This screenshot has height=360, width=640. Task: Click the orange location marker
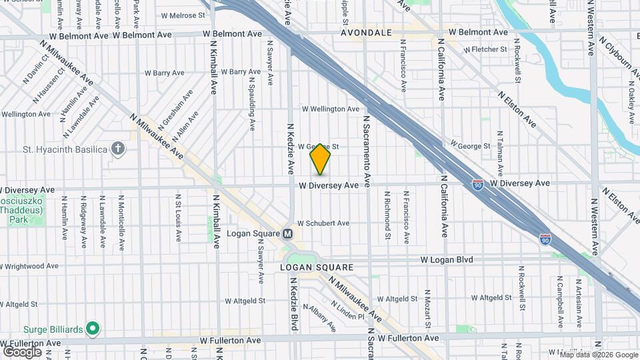point(321,159)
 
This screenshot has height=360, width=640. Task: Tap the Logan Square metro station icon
point(288,234)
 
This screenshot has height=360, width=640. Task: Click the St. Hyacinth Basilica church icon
point(118,149)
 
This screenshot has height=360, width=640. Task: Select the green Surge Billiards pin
point(93,329)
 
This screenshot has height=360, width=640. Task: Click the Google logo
point(22,352)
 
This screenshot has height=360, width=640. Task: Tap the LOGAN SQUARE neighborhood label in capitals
point(316,267)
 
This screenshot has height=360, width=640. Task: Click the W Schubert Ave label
point(323,223)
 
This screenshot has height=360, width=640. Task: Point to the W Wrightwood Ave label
point(31,266)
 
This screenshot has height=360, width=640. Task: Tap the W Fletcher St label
point(486,49)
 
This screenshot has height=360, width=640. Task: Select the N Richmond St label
point(387,216)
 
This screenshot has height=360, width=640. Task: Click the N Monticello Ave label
point(121,223)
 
